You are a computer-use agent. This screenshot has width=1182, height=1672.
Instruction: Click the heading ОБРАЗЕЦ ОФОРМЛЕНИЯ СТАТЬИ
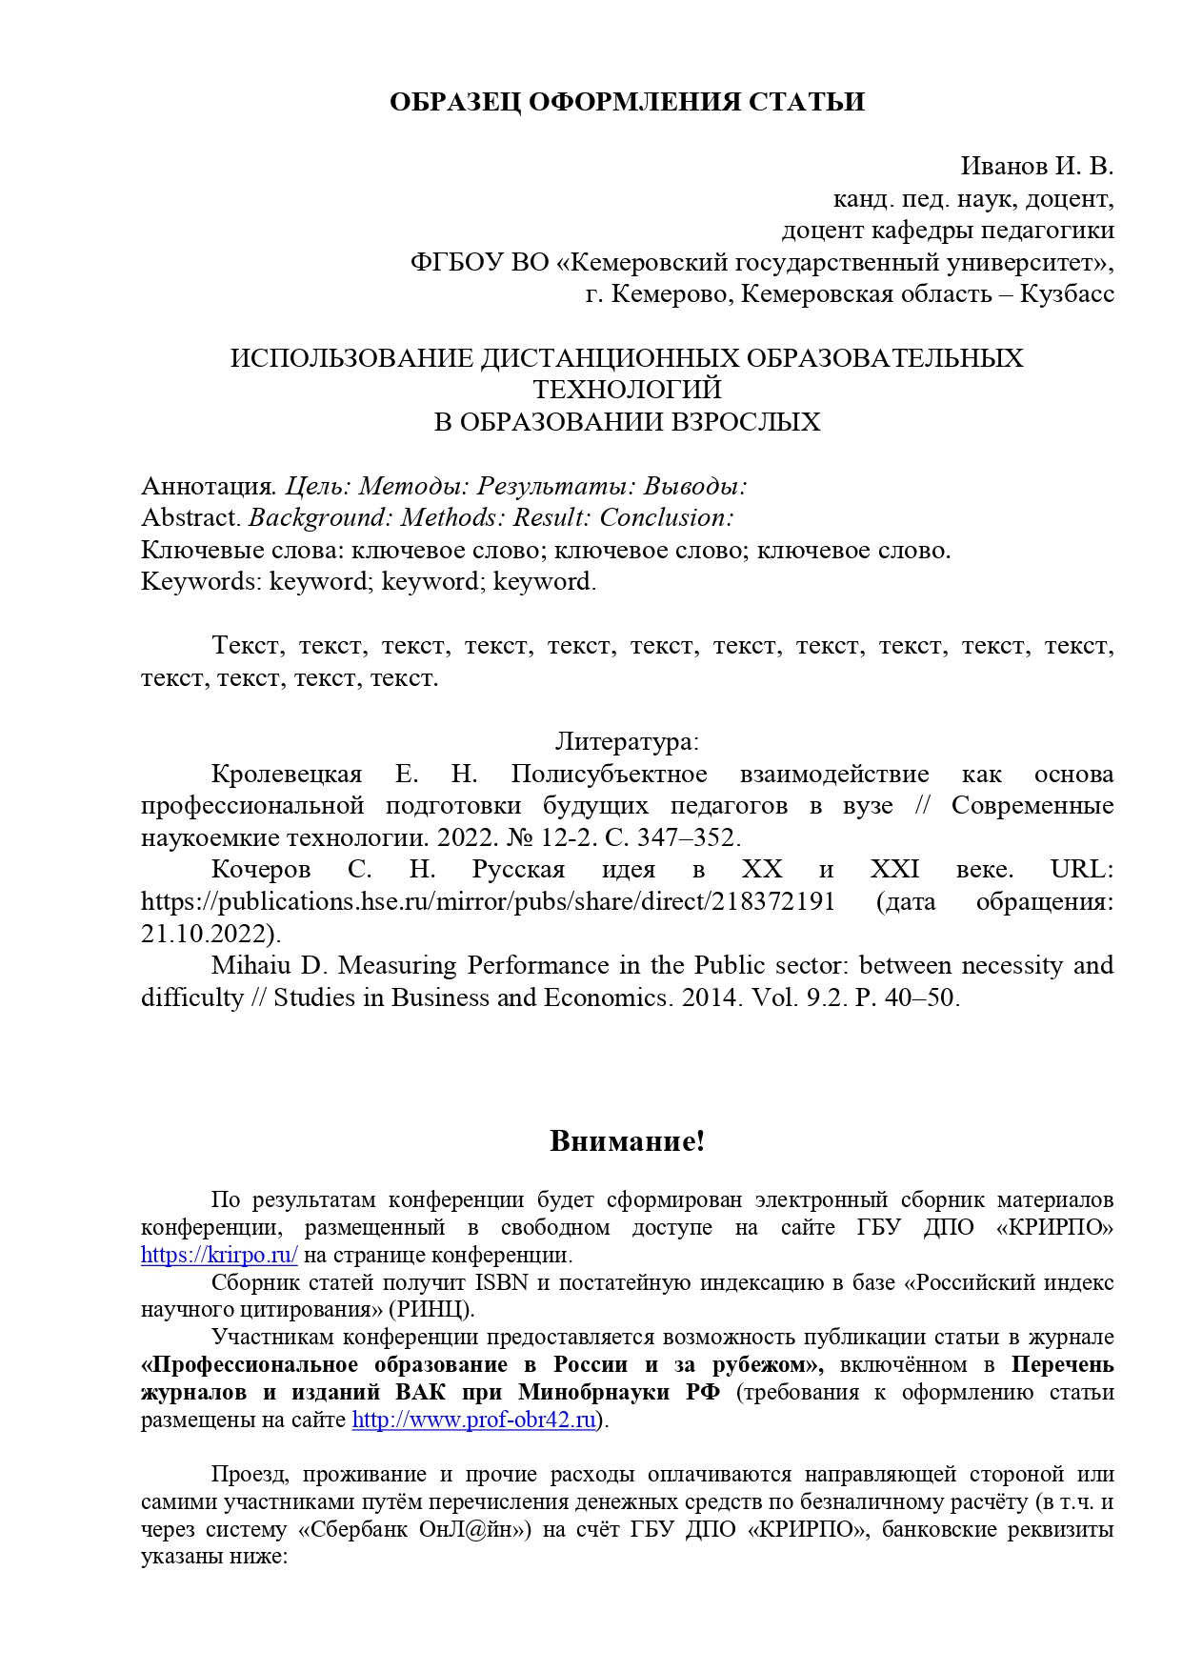pyautogui.click(x=627, y=103)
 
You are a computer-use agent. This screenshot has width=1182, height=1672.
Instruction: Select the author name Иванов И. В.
pyautogui.click(x=1036, y=167)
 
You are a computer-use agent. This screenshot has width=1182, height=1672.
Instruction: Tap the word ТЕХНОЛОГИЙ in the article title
pyautogui.click(x=627, y=390)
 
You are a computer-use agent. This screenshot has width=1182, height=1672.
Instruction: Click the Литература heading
pyautogui.click(x=626, y=741)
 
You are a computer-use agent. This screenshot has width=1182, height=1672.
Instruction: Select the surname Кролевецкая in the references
pyautogui.click(x=287, y=774)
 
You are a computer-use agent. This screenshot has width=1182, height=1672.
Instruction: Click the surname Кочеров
pyautogui.click(x=261, y=870)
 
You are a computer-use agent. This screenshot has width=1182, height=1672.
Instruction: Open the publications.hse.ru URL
pyautogui.click(x=488, y=902)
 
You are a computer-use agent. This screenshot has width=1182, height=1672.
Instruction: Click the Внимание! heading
pyautogui.click(x=627, y=1141)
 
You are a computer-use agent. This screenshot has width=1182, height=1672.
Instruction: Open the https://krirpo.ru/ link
pyautogui.click(x=219, y=1255)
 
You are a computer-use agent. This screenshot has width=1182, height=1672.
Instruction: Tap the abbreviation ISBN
pyautogui.click(x=501, y=1282)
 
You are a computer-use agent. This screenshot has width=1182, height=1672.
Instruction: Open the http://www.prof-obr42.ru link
pyautogui.click(x=474, y=1420)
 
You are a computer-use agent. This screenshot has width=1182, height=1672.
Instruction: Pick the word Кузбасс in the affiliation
pyautogui.click(x=1067, y=294)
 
